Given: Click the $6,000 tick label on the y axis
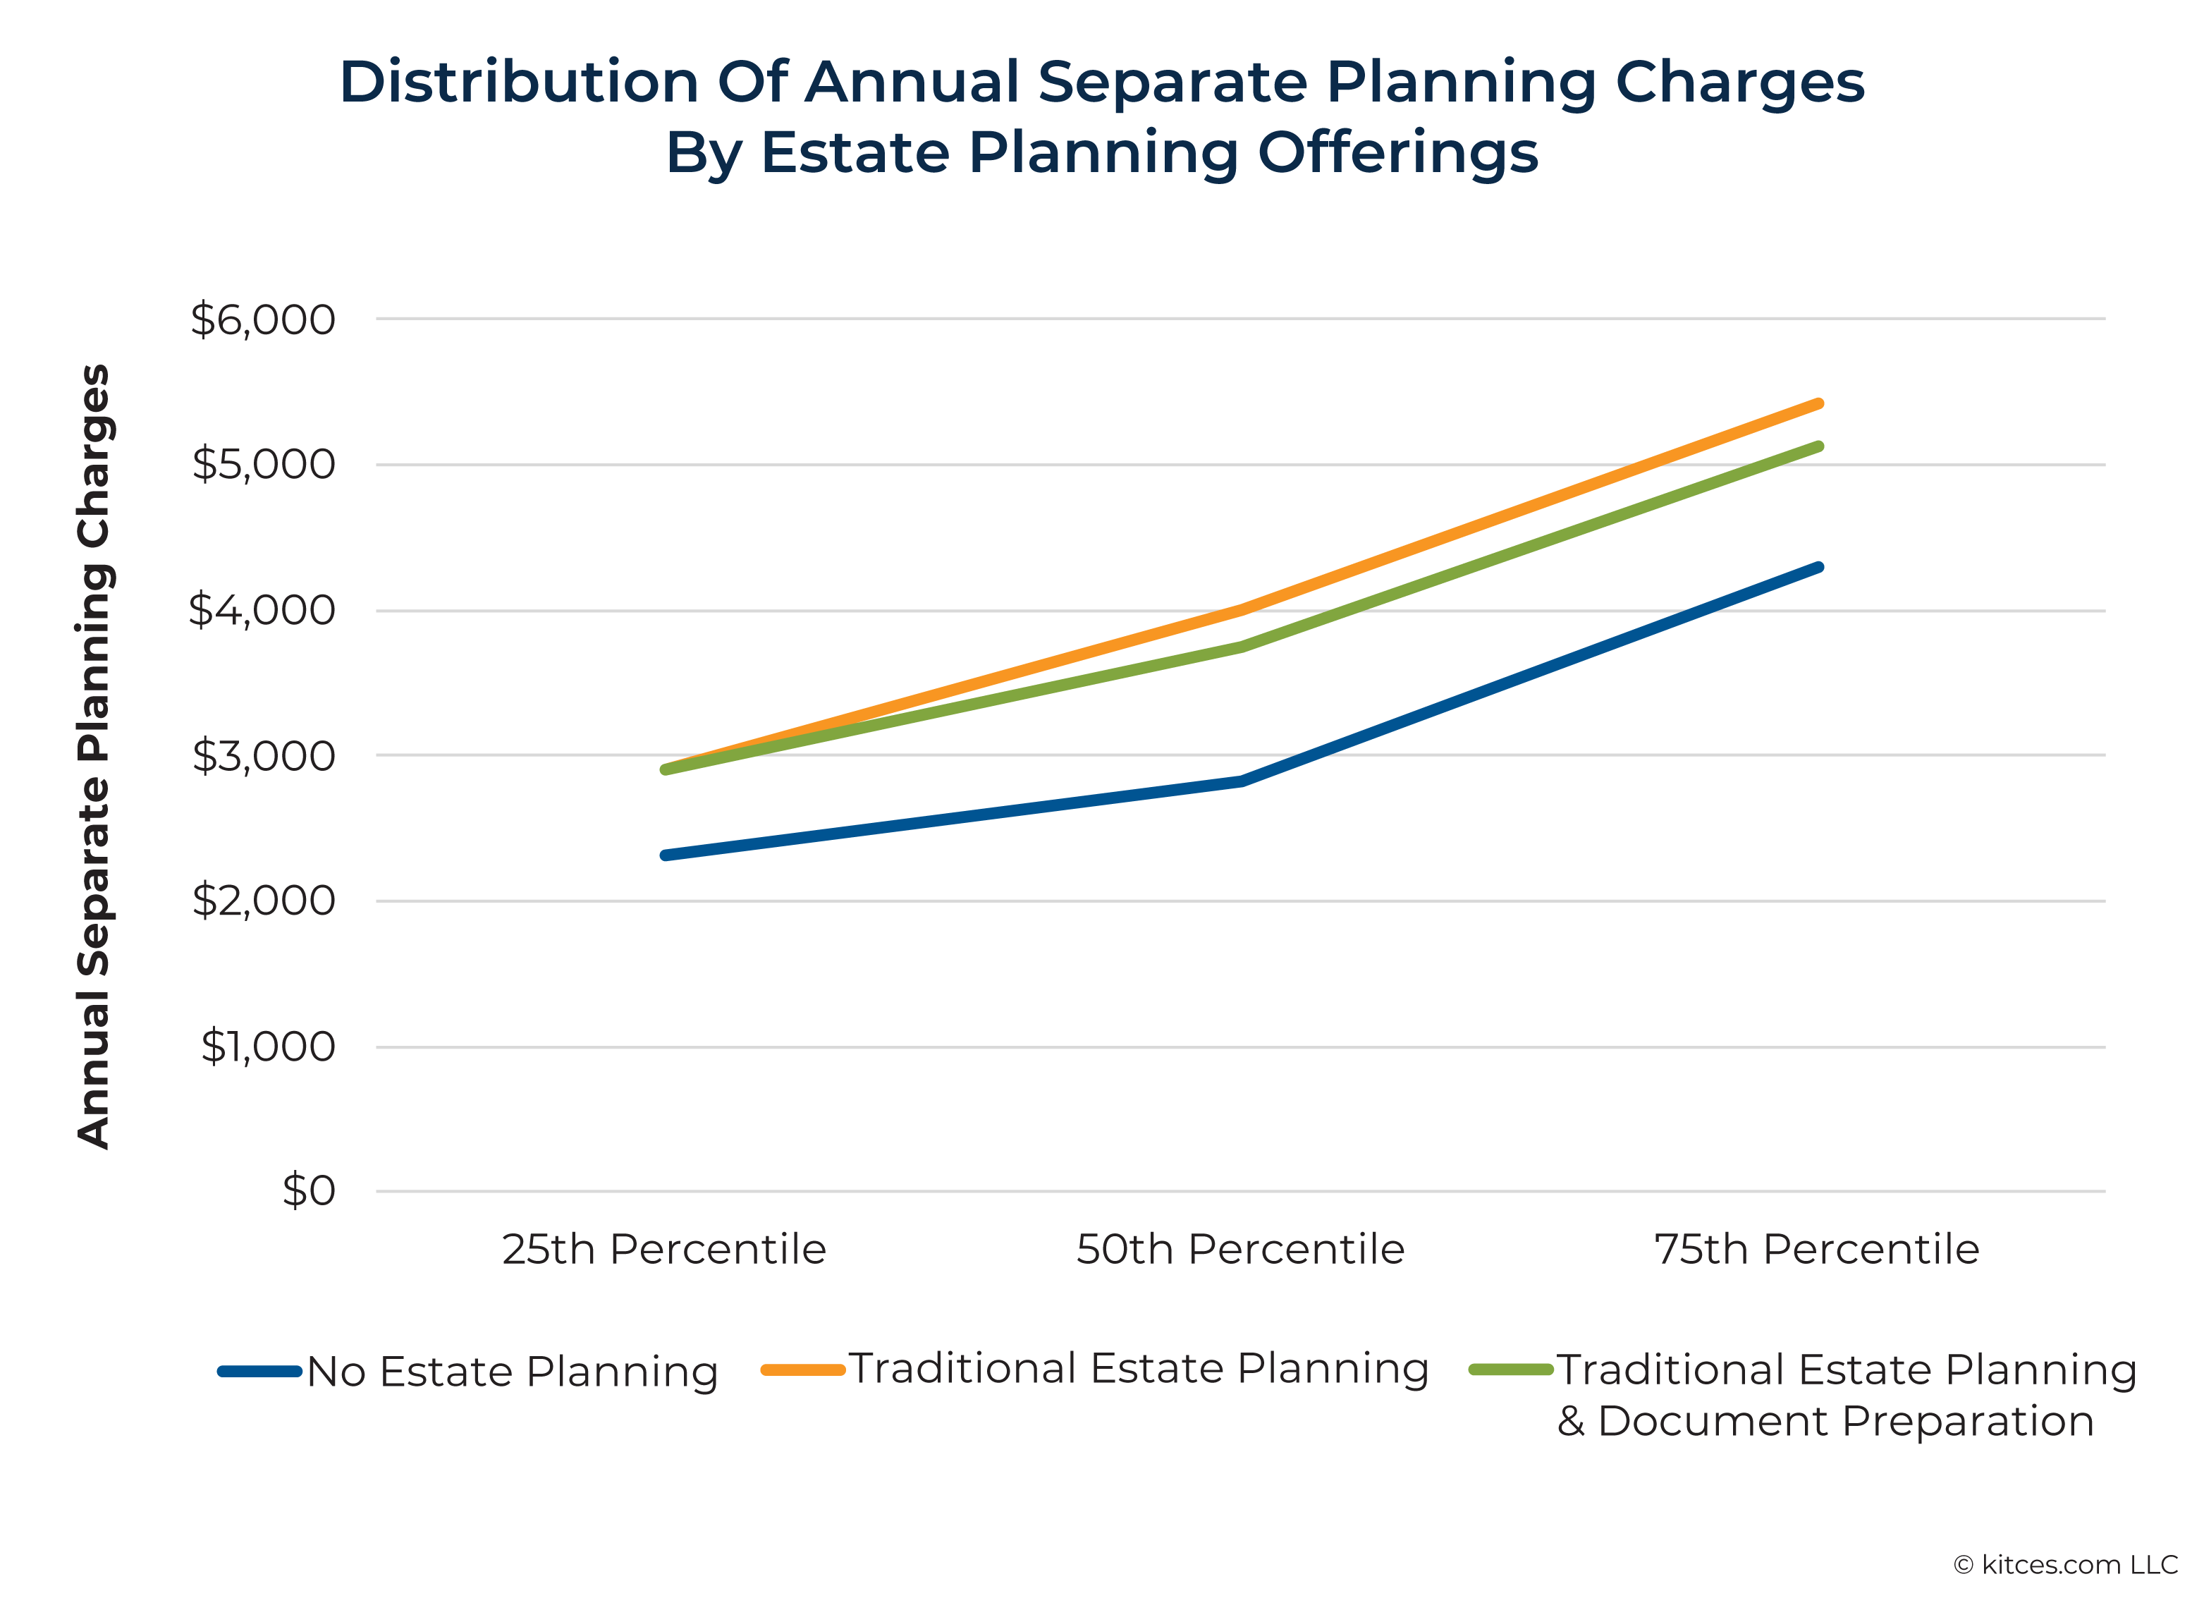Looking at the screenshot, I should (262, 319).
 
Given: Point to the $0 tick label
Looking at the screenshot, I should (308, 1191).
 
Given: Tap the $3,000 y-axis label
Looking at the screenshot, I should (263, 755).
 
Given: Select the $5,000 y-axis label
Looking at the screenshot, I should (263, 464).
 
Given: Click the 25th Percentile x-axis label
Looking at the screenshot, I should (663, 1250).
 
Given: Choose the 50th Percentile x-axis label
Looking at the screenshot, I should (1240, 1250).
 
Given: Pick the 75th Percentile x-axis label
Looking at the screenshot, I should (1816, 1250).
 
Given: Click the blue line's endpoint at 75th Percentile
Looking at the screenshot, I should (1818, 567).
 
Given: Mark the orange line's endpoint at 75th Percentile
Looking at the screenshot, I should (1818, 403).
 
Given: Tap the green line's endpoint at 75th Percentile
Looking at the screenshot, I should (1818, 446).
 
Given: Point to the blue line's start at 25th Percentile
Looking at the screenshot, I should (664, 855).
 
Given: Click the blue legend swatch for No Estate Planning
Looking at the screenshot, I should (259, 1371).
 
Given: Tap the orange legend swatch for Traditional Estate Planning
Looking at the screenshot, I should (802, 1370).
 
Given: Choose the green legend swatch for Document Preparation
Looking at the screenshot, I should (1510, 1370).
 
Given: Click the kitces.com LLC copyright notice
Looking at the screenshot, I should (2066, 1565).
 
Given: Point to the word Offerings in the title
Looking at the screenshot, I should (1397, 153).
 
